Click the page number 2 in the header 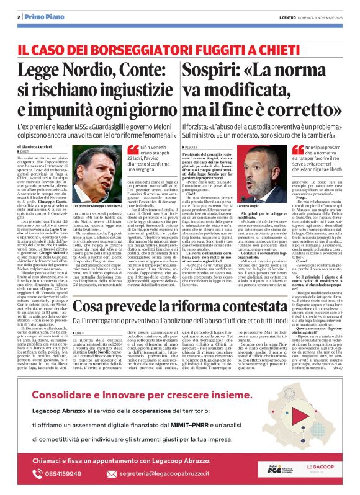[x=19, y=17]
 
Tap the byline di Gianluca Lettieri [x=47, y=146]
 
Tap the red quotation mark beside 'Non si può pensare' [x=315, y=150]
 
